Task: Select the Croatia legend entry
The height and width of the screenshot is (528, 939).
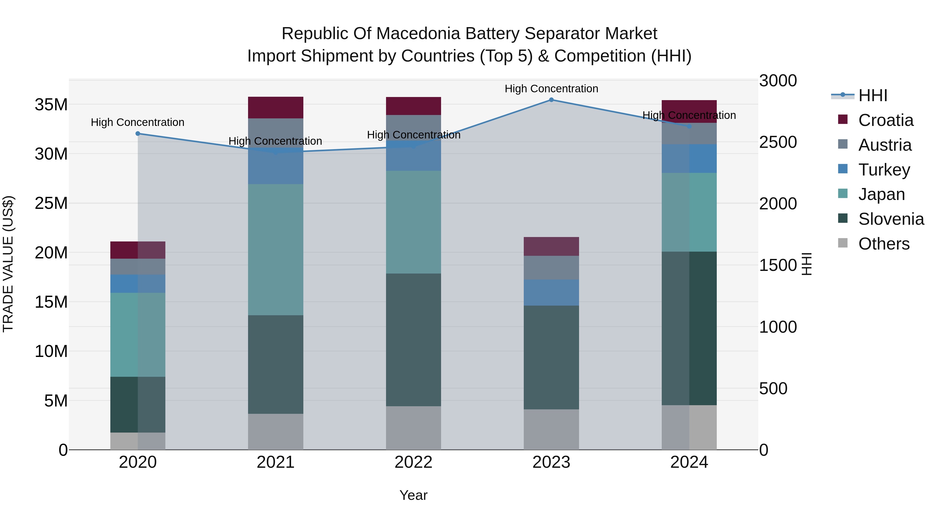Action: (886, 120)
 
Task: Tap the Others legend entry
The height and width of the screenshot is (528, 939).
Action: (884, 244)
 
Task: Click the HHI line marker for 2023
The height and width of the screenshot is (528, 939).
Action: (551, 100)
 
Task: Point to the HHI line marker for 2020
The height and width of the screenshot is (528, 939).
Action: (138, 134)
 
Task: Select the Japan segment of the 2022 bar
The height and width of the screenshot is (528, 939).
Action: (413, 222)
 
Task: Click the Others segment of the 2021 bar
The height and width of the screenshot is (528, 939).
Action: (276, 432)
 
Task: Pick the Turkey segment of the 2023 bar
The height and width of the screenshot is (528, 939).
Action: (551, 293)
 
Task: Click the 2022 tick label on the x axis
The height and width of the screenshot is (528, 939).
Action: (413, 462)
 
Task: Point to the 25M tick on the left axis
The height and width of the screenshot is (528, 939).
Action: (51, 203)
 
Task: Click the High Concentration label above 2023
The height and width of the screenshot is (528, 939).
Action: (551, 89)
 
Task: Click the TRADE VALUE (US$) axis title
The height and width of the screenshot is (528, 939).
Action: (8, 264)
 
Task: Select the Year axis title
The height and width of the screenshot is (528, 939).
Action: (413, 495)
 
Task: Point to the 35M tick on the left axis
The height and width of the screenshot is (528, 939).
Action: (51, 105)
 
